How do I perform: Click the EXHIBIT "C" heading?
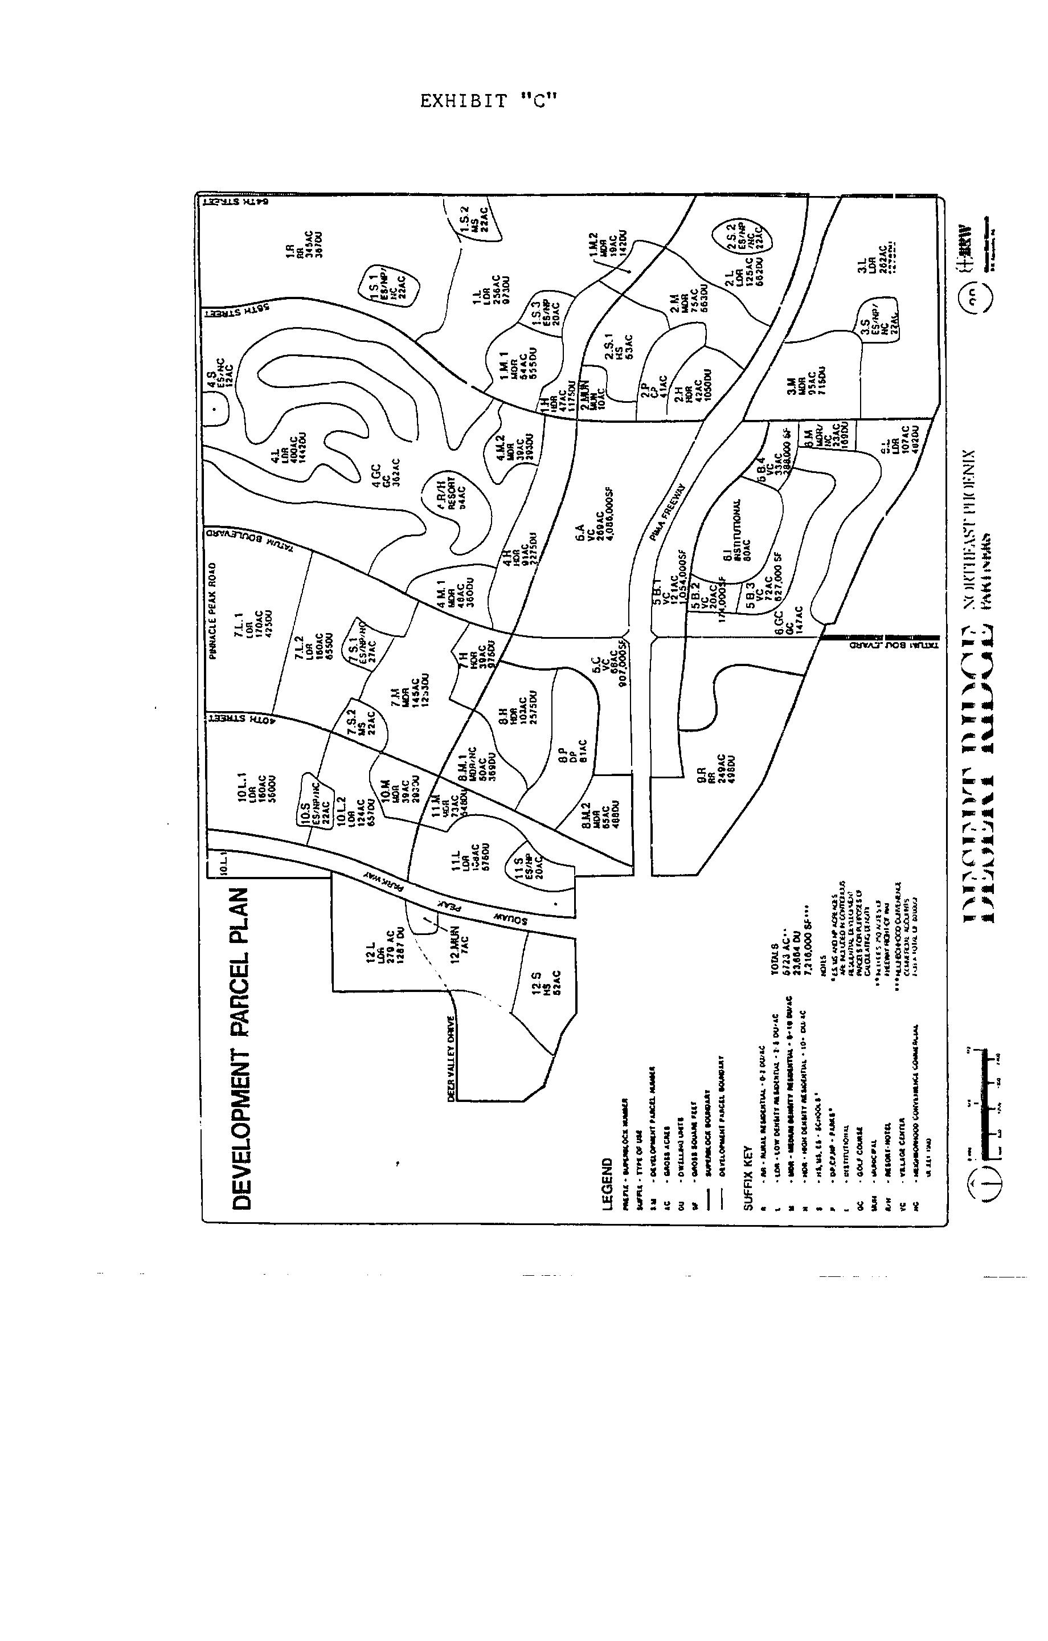coord(489,102)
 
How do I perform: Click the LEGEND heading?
coord(608,1185)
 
